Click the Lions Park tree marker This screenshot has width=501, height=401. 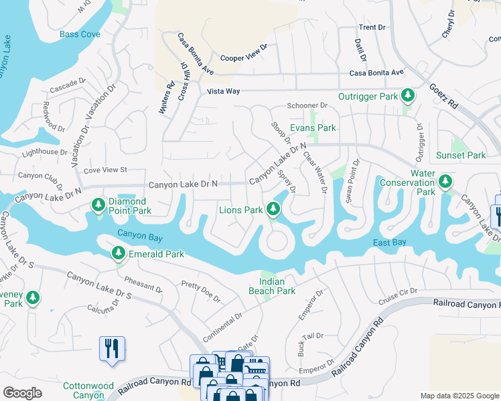click(x=273, y=209)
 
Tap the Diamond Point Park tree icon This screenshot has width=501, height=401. click(x=98, y=204)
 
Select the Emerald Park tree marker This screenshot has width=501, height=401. click(x=118, y=253)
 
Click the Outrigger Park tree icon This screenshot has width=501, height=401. click(x=407, y=96)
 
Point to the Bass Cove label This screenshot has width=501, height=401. click(x=80, y=34)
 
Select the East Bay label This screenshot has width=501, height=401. click(x=389, y=242)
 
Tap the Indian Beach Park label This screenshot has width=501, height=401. click(x=272, y=286)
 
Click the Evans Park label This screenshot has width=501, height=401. click(x=312, y=128)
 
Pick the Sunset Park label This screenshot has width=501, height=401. click(x=461, y=155)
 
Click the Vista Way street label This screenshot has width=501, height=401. click(x=223, y=91)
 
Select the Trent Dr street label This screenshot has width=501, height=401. click(x=372, y=27)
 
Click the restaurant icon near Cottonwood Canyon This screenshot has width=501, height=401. click(x=112, y=348)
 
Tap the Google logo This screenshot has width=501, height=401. click(x=22, y=393)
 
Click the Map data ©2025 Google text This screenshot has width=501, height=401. click(x=459, y=395)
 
